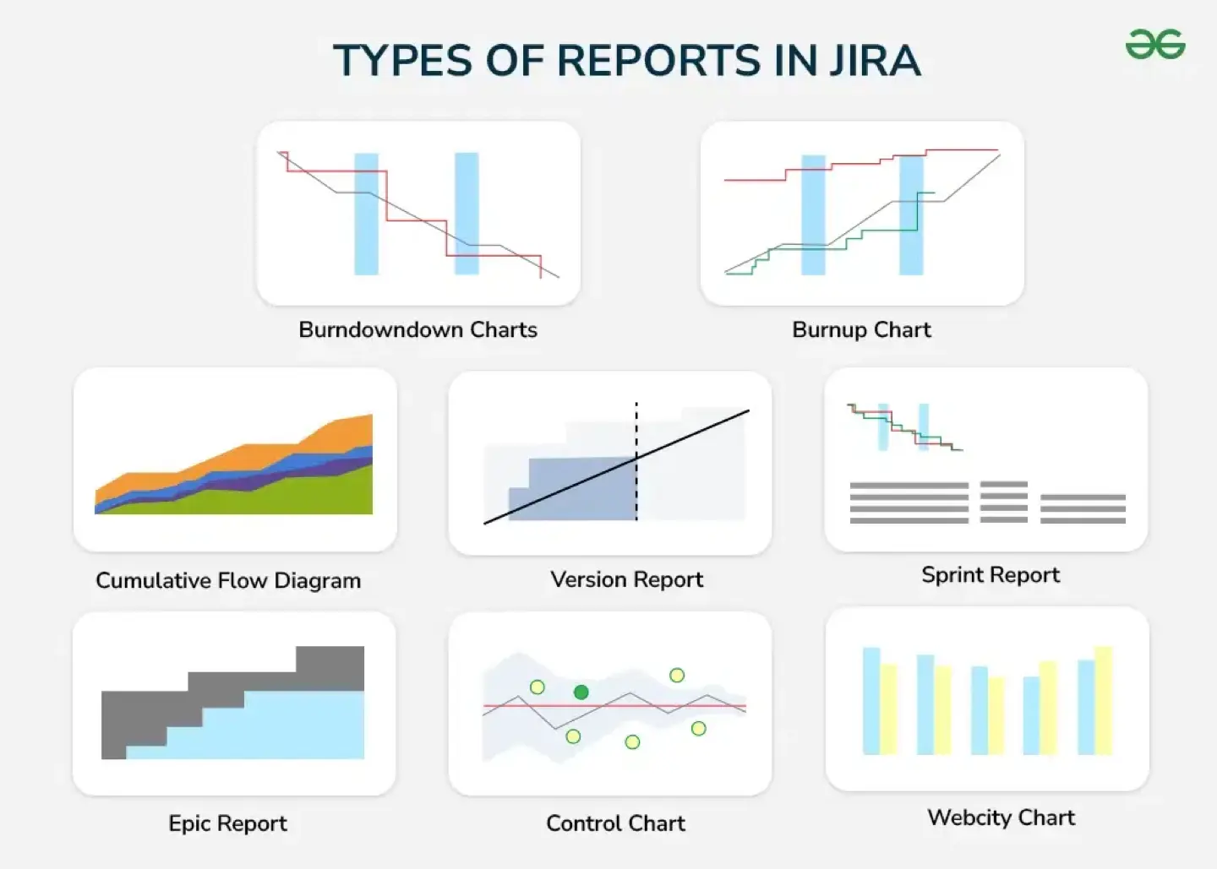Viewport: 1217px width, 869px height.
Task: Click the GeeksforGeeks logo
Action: (1155, 44)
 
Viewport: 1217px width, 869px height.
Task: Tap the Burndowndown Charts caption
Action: (417, 329)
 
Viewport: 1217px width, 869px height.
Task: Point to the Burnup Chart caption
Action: (861, 329)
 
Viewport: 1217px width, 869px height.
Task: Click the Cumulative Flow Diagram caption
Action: (228, 580)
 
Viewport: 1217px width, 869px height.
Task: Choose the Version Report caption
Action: (626, 579)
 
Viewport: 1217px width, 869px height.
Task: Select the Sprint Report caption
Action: (990, 575)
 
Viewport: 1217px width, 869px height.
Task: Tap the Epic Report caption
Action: (227, 823)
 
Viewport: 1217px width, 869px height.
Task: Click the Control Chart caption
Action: (615, 823)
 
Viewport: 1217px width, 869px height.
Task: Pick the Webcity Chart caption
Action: (1001, 817)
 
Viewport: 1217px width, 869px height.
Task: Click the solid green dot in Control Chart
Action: (581, 692)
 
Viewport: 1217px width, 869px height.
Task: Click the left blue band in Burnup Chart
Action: (813, 215)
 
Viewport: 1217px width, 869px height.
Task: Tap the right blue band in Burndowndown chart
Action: (467, 213)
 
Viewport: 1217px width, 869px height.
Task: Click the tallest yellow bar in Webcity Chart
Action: (1103, 701)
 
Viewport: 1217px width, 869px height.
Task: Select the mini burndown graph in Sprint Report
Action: (904, 427)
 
